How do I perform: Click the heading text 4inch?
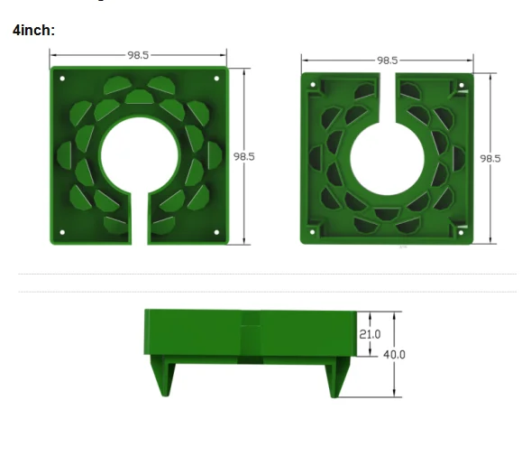point(33,30)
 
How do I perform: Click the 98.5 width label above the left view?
point(138,55)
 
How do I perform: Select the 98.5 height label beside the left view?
point(244,156)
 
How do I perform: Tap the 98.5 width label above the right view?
point(388,60)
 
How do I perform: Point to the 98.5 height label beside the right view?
point(490,158)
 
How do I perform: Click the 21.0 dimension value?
point(370,334)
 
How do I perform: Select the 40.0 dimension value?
point(394,355)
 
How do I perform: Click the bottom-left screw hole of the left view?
point(62,232)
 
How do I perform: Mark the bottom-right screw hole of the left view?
point(216,232)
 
